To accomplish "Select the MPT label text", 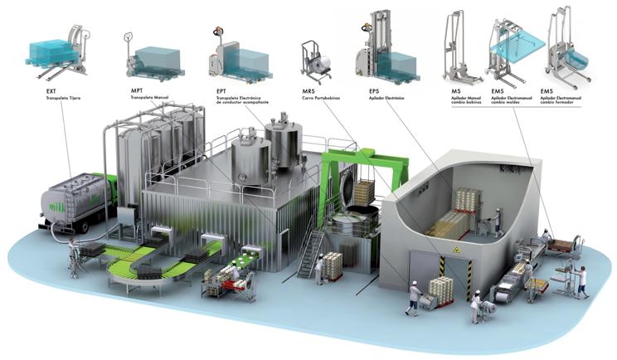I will click(137, 88).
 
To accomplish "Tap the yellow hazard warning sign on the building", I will click(453, 249).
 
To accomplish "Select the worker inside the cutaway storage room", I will click(497, 220).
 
